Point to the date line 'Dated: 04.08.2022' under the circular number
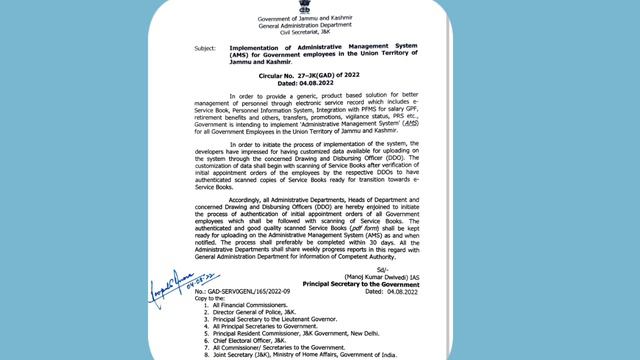click(x=320, y=83)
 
